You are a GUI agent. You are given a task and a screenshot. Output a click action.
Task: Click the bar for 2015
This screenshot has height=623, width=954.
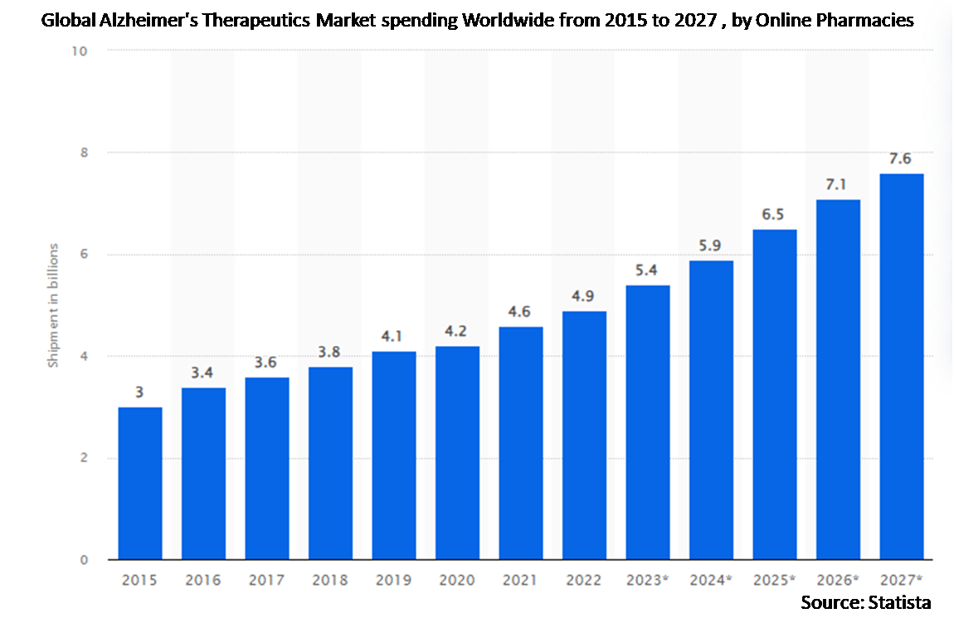click(140, 483)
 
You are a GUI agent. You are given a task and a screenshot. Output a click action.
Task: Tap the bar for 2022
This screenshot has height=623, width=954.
click(584, 435)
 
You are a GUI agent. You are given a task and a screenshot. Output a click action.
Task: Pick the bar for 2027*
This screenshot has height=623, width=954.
click(902, 366)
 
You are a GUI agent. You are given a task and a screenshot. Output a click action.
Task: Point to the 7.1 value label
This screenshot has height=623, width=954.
click(838, 183)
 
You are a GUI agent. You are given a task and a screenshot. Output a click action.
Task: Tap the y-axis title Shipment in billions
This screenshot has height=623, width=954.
click(52, 305)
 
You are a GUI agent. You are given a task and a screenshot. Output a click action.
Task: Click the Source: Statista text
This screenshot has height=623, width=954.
click(865, 602)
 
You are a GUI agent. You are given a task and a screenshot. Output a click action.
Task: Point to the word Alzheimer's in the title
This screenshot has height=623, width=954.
click(139, 21)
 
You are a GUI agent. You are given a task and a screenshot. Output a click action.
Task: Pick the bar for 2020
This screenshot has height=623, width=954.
click(457, 452)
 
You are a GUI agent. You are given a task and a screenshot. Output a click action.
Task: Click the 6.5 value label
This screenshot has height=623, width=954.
click(775, 213)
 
